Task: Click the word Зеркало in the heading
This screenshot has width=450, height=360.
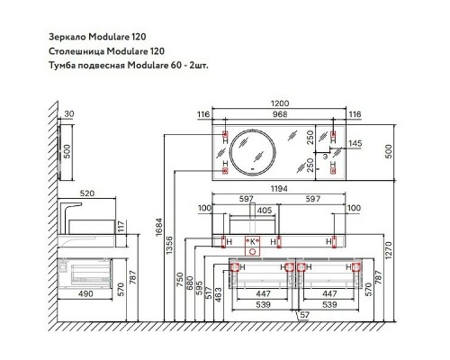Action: click(x=67, y=37)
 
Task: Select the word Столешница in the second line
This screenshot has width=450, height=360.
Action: click(x=76, y=51)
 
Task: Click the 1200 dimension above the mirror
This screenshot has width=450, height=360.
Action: click(x=280, y=103)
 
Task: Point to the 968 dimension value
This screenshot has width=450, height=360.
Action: click(x=280, y=114)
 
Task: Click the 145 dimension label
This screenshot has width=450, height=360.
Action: click(x=355, y=143)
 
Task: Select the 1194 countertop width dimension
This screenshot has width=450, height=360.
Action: click(x=279, y=189)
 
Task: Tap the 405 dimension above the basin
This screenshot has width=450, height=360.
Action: click(x=265, y=211)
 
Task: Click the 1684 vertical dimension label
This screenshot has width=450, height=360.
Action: click(x=159, y=227)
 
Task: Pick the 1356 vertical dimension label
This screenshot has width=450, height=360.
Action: click(x=169, y=245)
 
